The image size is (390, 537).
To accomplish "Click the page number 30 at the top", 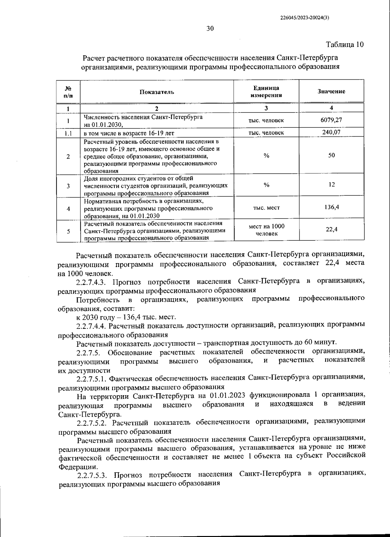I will click(x=210, y=29).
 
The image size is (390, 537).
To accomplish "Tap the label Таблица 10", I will click(x=344, y=44).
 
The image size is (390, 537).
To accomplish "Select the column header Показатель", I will click(x=157, y=92).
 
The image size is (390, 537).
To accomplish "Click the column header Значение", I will click(x=331, y=91).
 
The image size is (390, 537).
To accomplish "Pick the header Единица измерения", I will click(x=266, y=92).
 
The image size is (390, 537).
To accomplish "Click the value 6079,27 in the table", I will click(x=331, y=120).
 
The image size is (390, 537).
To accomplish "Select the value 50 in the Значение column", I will click(x=331, y=155).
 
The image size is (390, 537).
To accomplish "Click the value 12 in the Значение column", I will click(x=331, y=184).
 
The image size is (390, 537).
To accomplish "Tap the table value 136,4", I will click(x=331, y=207).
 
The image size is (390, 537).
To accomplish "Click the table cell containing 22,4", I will click(x=331, y=229).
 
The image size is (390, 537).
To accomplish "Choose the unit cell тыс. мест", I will click(x=266, y=208).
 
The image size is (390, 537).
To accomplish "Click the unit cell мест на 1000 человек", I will click(x=266, y=230).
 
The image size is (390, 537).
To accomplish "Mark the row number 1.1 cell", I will click(x=68, y=133).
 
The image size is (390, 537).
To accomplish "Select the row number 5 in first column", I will click(x=68, y=231).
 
